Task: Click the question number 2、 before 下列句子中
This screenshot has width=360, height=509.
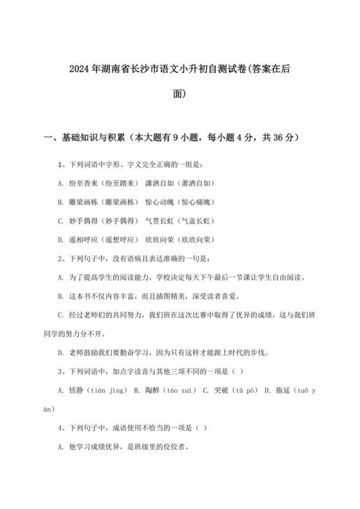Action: coord(61,259)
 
